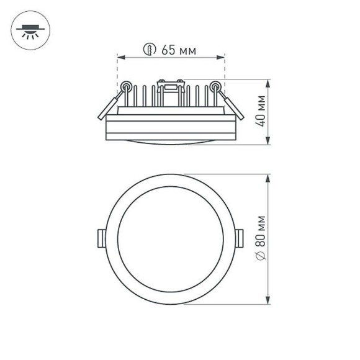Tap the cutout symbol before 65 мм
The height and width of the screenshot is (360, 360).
(148, 50)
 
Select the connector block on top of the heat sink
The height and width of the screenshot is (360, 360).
(171, 86)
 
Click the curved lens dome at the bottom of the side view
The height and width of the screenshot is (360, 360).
(171, 142)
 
